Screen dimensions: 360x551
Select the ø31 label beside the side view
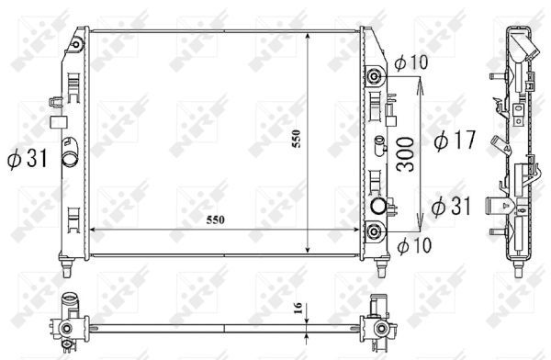click(x=450, y=206)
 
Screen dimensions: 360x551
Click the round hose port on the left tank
click(x=68, y=158)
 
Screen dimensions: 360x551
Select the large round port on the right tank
click(x=377, y=205)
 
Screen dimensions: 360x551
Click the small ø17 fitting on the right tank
click(x=378, y=141)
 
